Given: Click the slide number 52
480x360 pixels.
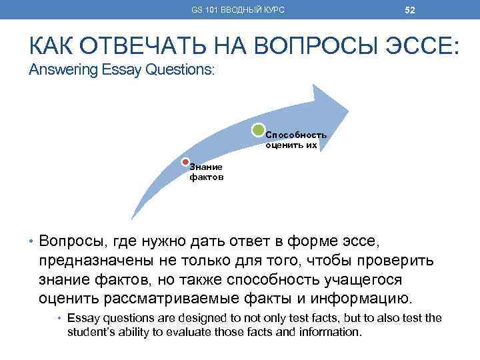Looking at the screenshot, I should coord(410,9).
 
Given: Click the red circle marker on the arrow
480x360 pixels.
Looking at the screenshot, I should coord(186,161).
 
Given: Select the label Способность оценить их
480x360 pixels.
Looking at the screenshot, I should coord(296,139).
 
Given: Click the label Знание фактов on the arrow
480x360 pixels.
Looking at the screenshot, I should coord(206,173).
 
